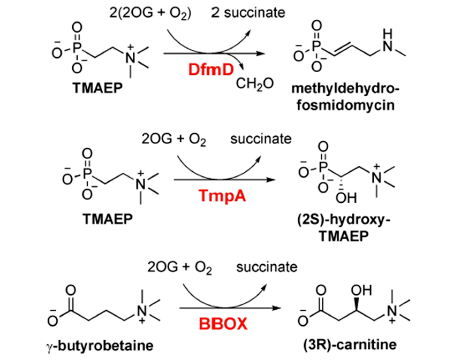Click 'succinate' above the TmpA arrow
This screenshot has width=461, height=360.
tap(261, 139)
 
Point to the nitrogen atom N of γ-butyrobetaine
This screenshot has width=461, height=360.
tap(141, 311)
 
